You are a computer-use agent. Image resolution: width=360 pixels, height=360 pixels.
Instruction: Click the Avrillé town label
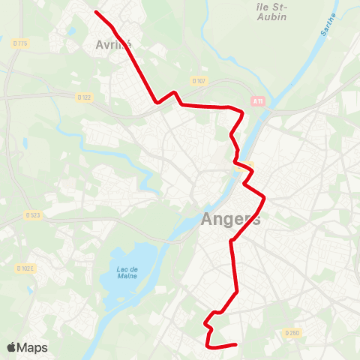113,44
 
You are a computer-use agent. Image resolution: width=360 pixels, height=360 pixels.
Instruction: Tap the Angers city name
231,220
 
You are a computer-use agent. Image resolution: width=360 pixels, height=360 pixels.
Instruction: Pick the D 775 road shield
20,43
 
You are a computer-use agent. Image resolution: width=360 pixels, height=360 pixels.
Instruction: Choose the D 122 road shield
84,97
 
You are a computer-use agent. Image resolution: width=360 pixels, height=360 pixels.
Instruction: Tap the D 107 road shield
198,80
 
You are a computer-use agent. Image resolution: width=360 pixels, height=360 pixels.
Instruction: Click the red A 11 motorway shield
258,101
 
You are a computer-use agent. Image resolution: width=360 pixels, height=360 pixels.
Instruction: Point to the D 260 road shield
292,333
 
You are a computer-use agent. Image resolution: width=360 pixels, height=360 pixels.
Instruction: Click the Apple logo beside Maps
11,347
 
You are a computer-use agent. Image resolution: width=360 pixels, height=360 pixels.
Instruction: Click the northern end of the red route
96,11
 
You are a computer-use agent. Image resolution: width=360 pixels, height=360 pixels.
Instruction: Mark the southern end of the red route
235,345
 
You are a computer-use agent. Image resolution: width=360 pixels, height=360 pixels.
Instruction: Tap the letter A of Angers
208,220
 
